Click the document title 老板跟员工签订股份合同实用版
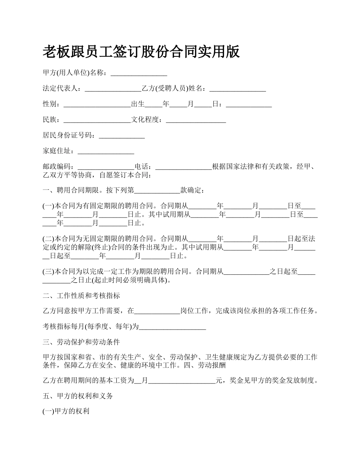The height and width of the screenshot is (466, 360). [141, 52]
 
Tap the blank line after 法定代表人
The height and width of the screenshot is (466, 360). [113, 89]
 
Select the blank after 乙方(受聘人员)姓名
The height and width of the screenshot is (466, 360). [238, 89]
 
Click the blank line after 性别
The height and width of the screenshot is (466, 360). [97, 105]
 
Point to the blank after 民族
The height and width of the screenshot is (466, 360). [97, 120]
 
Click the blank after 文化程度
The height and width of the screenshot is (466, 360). [196, 120]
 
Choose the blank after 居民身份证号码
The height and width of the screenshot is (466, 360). [122, 136]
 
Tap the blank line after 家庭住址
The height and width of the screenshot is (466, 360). [106, 151]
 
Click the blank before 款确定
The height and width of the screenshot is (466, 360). [157, 190]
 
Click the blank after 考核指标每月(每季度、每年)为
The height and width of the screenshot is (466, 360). [172, 327]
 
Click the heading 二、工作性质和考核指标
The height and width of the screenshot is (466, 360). [81, 296]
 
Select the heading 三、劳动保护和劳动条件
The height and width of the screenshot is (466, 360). [81, 342]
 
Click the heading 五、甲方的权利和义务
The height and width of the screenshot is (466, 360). [78, 396]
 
